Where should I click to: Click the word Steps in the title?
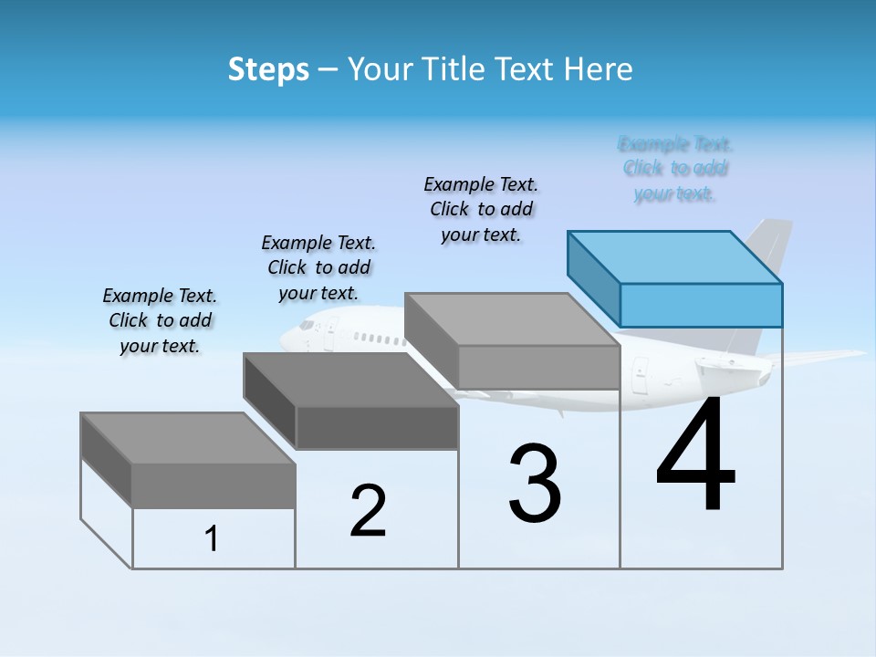tap(268, 69)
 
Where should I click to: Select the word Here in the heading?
tap(600, 69)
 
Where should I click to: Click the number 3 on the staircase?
tap(535, 483)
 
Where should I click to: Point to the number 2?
tap(368, 511)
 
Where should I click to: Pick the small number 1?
tap(212, 539)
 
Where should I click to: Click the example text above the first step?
tap(160, 320)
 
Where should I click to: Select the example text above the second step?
tap(318, 267)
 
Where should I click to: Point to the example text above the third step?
tap(481, 209)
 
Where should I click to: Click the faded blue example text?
tap(675, 169)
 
